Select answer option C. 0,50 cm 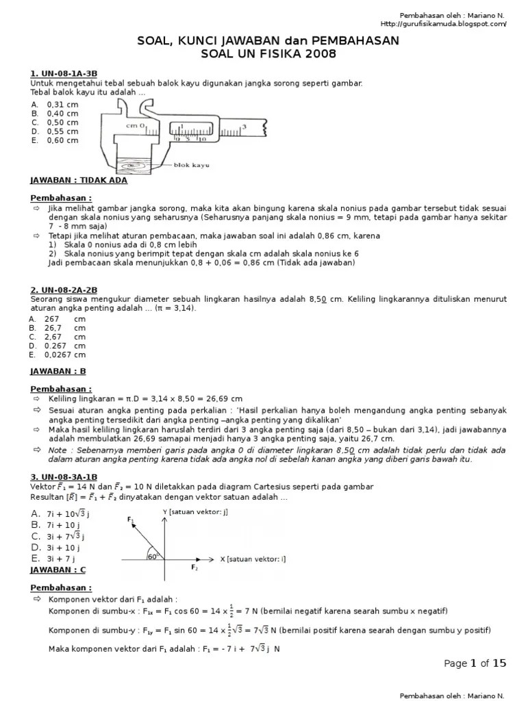coord(55,123)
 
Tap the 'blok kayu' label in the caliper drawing coord(190,165)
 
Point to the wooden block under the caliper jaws coord(139,164)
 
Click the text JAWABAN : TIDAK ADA coord(79,181)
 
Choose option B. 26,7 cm coord(58,327)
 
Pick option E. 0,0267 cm coord(58,355)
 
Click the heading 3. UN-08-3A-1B coord(64,476)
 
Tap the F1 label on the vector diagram coord(131,520)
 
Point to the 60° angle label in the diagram coord(153,556)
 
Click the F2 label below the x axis coord(194,568)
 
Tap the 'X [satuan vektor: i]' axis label coord(253,559)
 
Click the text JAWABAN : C coord(58,570)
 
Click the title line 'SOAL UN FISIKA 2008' coord(263,53)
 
